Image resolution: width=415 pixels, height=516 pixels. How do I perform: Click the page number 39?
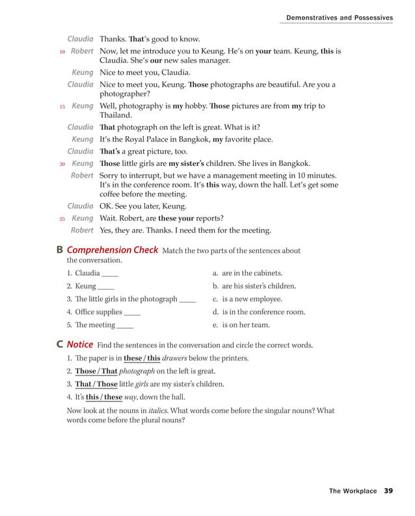point(388,491)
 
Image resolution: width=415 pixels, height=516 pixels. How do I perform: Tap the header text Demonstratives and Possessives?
point(340,18)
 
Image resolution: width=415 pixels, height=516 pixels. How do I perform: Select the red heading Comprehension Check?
point(113,250)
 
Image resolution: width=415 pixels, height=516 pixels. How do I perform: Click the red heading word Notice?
point(80,344)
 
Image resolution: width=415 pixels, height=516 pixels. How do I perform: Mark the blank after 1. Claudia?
point(111,273)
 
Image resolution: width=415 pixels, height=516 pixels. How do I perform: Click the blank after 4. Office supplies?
point(132,312)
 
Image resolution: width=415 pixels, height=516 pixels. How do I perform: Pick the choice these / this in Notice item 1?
point(142,358)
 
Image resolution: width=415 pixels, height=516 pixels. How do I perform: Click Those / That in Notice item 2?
point(96,371)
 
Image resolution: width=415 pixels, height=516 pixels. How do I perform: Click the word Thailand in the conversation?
point(116,115)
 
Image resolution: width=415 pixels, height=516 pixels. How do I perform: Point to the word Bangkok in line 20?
point(293,163)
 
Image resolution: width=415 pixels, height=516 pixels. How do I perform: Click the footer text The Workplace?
point(353,491)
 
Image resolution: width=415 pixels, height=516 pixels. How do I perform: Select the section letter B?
point(60,250)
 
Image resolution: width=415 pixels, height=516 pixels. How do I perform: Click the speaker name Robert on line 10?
point(82,51)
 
